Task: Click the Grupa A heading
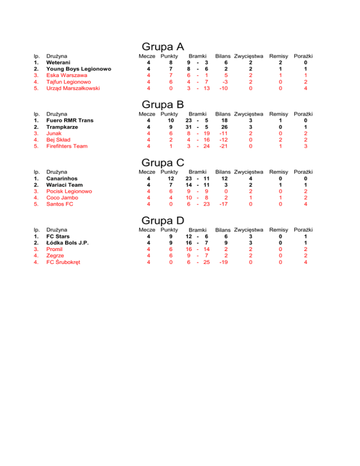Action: click(x=162, y=47)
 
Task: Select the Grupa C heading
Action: click(x=162, y=163)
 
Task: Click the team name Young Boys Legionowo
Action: click(x=79, y=69)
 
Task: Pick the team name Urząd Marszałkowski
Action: click(x=73, y=88)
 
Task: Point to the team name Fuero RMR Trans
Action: click(x=69, y=120)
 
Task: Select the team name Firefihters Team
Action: click(x=67, y=146)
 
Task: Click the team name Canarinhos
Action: click(x=62, y=179)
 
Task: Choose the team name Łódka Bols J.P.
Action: click(x=67, y=243)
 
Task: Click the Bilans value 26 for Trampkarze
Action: click(x=224, y=127)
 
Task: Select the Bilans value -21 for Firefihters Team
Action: click(x=223, y=146)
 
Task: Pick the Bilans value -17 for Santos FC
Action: click(x=223, y=204)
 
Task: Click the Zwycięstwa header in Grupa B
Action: click(x=249, y=114)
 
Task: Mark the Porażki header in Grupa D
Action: click(x=303, y=230)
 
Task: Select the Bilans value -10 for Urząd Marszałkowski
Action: click(x=223, y=88)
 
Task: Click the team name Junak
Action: click(x=54, y=133)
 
